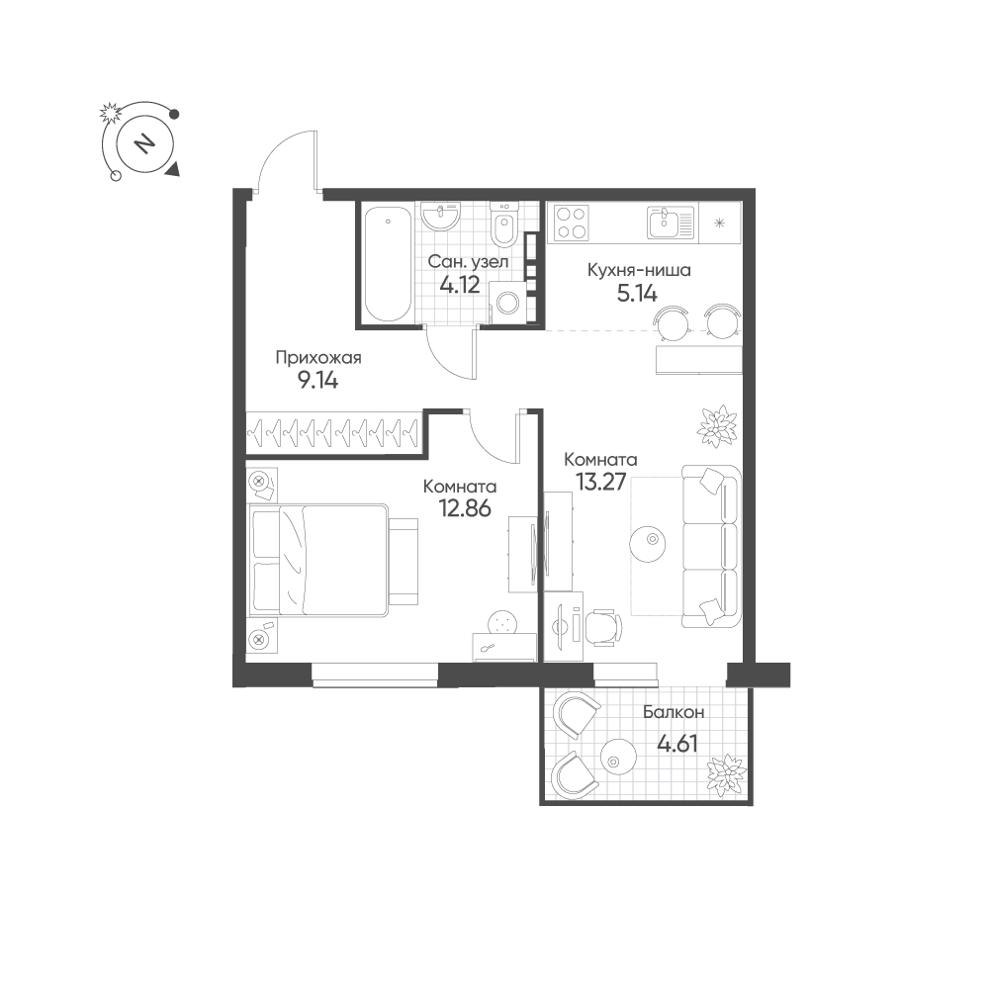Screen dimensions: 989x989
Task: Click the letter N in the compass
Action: [145, 143]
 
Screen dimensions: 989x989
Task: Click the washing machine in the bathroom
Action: [507, 303]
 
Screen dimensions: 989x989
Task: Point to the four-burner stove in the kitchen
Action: [572, 223]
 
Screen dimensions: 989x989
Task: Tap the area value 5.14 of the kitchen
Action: [636, 294]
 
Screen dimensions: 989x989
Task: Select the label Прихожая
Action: [318, 358]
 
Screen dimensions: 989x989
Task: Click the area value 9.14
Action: [317, 381]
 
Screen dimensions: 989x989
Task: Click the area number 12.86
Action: [466, 508]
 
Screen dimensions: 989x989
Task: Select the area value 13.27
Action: [600, 482]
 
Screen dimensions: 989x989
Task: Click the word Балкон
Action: [674, 713]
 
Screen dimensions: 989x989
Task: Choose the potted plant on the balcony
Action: [727, 775]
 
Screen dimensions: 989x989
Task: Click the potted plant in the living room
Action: [717, 427]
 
